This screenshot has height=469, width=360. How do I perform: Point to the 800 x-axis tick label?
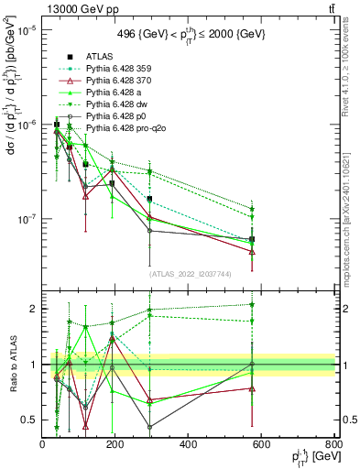pyautogui.click(x=333, y=444)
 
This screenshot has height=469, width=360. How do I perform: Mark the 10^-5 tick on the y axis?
pyautogui.click(x=27, y=30)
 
